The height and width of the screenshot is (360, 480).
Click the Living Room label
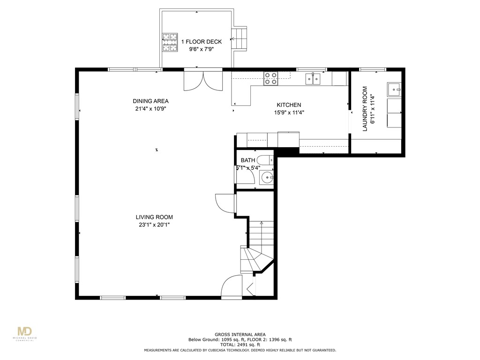154,217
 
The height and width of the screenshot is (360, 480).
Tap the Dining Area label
150,101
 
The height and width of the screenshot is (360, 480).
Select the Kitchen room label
289,105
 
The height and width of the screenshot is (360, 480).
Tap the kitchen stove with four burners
270,78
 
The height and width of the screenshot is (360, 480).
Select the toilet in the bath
264,160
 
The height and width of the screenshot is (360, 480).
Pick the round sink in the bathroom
267,177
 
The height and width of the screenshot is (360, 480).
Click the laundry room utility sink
394,88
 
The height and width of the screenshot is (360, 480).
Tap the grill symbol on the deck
170,42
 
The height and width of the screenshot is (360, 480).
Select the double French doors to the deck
202,81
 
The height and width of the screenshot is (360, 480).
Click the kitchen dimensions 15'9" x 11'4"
288,112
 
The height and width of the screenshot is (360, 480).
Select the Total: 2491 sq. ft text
240,344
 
